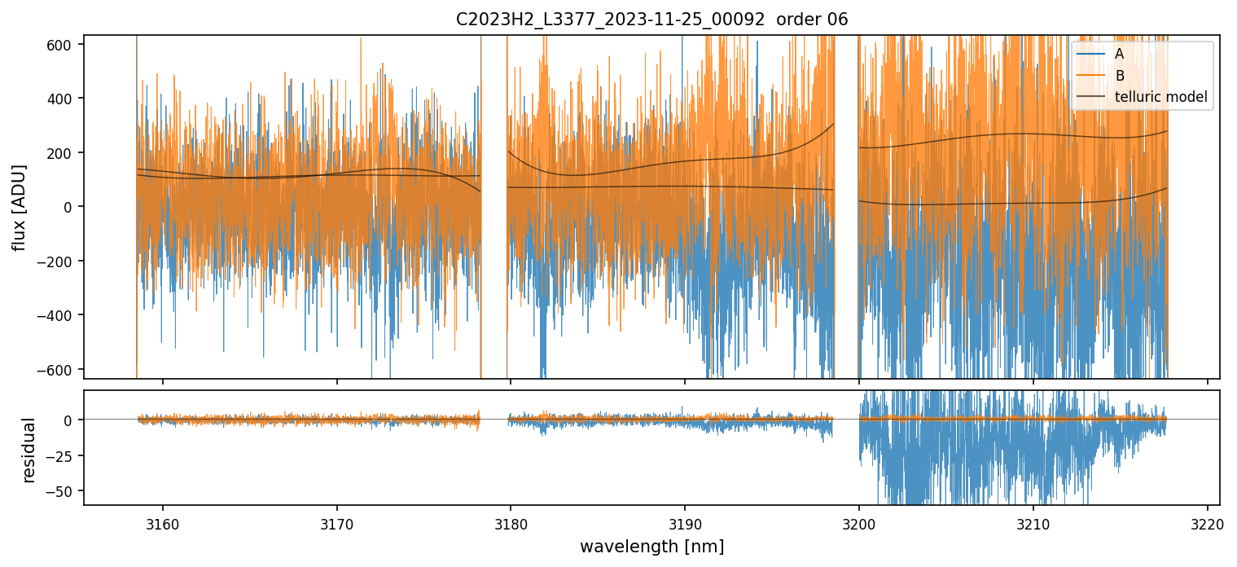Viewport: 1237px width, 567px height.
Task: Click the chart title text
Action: click(651, 19)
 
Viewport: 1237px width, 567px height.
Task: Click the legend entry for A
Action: click(1119, 54)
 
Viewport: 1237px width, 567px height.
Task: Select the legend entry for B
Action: click(1119, 76)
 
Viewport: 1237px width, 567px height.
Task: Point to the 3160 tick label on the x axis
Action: click(163, 523)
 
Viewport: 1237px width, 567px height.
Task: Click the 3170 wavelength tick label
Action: click(336, 523)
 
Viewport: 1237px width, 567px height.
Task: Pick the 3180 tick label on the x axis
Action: click(511, 523)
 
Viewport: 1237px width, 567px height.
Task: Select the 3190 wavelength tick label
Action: click(685, 523)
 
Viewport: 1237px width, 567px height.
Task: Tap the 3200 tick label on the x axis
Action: click(859, 523)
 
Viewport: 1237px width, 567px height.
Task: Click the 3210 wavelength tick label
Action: click(1033, 523)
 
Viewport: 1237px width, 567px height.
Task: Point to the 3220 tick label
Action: click(1207, 523)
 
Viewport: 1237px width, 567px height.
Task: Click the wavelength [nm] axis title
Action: click(651, 546)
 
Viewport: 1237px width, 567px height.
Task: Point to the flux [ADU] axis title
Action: click(19, 207)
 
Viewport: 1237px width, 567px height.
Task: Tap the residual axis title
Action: click(29, 450)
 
